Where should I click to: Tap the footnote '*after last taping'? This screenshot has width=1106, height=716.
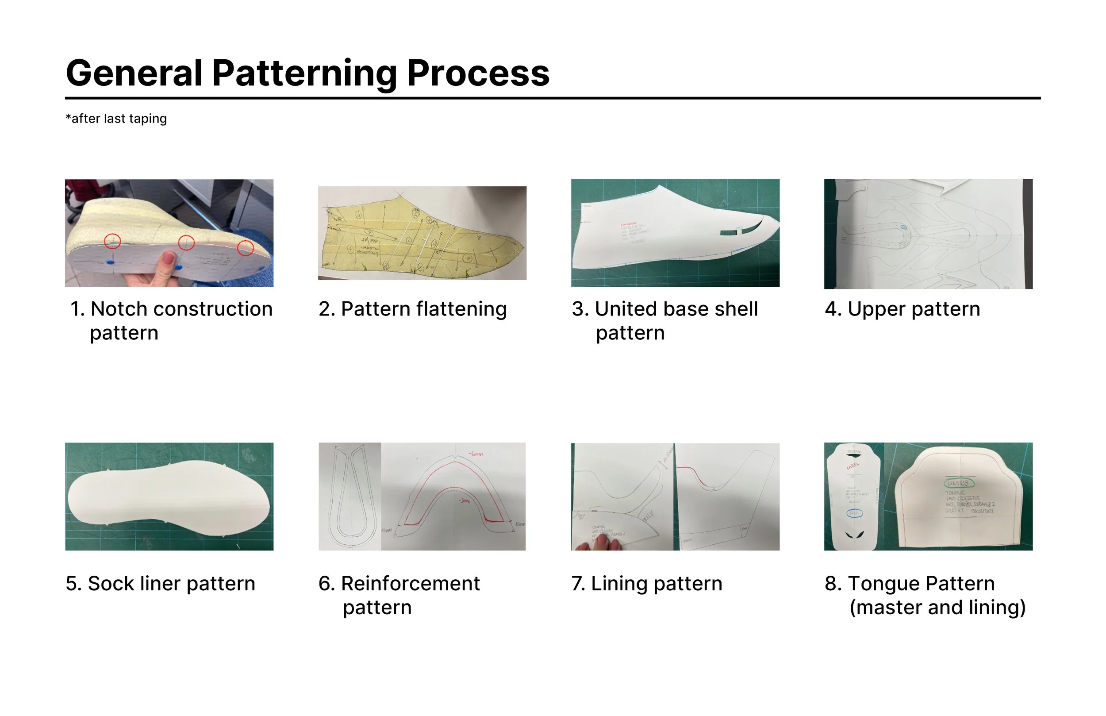(116, 119)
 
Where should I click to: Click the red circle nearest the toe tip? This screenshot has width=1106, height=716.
(246, 248)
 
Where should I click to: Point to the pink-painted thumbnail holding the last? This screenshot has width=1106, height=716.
(168, 258)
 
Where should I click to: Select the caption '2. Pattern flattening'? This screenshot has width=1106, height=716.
(412, 309)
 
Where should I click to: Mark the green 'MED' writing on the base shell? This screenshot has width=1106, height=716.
(740, 227)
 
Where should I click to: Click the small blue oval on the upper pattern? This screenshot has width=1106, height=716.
(904, 228)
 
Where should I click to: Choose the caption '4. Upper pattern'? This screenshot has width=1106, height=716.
(902, 309)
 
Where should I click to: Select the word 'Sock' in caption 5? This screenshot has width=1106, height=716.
(108, 584)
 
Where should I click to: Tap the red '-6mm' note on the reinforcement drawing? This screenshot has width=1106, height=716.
(475, 454)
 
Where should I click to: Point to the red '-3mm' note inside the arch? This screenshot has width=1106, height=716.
(465, 501)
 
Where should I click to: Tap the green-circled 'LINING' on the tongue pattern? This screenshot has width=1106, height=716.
(959, 484)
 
